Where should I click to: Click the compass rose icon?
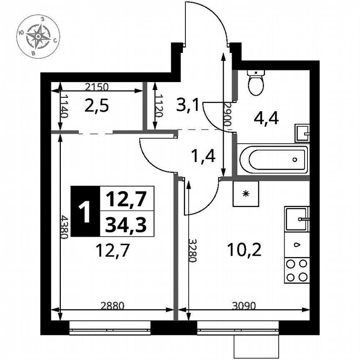[38, 37]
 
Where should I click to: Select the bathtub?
[272, 159]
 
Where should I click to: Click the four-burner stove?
[297, 270]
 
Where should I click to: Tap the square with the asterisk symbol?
[246, 193]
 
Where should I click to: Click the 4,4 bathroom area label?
[266, 118]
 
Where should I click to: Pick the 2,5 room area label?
[97, 106]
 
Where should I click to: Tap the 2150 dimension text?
[97, 87]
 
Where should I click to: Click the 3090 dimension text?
[244, 305]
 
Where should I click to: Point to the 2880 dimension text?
[112, 305]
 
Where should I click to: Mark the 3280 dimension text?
[192, 250]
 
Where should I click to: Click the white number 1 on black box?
[85, 212]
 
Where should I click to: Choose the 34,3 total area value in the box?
[126, 225]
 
